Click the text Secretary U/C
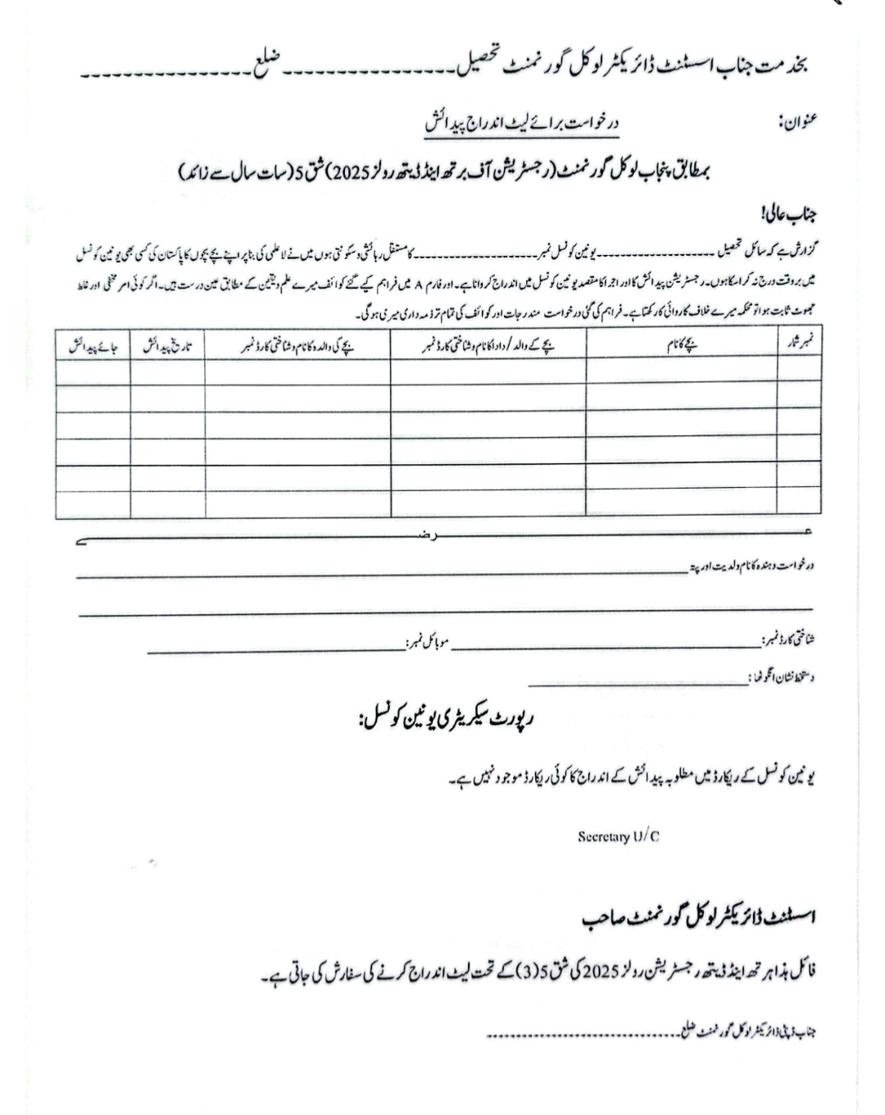618,836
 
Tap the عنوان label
796,124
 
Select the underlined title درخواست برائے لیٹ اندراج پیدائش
521,124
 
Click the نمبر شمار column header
799,345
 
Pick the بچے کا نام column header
682,345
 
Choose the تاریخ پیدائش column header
167,345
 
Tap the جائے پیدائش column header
93,345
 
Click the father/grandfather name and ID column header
488,345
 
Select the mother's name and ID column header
297,345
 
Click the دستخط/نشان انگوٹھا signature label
783,678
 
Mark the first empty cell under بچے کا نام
682,372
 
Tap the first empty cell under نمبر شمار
799,372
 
